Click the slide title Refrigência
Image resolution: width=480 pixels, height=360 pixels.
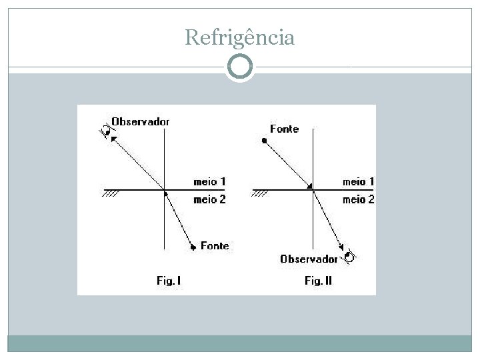click(x=239, y=37)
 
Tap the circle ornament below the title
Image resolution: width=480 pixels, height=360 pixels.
click(x=240, y=67)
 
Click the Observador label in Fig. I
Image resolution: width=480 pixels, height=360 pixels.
click(x=140, y=121)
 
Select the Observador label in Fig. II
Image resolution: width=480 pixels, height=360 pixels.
click(x=309, y=259)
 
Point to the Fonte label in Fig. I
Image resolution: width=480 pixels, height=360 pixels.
click(x=214, y=245)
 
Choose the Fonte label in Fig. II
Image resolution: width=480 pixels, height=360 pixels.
click(x=284, y=129)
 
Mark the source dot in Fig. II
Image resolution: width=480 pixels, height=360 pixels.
click(x=265, y=141)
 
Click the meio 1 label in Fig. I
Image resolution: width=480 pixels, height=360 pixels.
click(x=209, y=181)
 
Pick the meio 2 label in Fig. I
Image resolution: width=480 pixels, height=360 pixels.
click(x=209, y=199)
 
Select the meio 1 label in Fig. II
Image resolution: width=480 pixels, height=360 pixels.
click(x=358, y=181)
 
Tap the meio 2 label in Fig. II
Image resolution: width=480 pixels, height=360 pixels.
click(x=358, y=199)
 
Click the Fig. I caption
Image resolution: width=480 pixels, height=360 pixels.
click(x=169, y=281)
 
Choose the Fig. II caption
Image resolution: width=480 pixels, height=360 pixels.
click(x=318, y=281)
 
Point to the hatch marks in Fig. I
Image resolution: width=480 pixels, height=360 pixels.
click(x=111, y=194)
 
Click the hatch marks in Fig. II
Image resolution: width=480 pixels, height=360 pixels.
click(x=260, y=194)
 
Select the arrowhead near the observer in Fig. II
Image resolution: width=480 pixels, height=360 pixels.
click(x=341, y=250)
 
